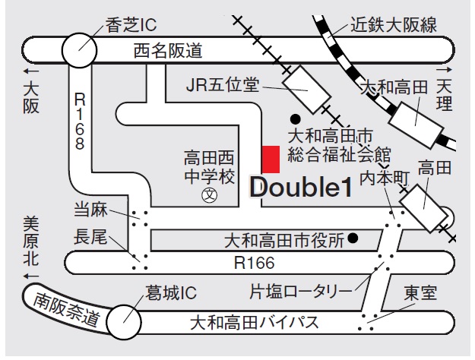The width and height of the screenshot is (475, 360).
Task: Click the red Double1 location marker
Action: point(270,159)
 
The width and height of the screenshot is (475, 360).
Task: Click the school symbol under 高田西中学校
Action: point(207,196)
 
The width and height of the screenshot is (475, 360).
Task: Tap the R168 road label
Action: point(80,122)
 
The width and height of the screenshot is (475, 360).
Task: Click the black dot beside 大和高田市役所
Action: point(353,241)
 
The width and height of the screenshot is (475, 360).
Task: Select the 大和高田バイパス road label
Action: point(255,324)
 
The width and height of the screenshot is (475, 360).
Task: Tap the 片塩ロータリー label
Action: point(301,291)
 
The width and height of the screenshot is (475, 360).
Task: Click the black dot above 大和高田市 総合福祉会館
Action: point(294,119)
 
